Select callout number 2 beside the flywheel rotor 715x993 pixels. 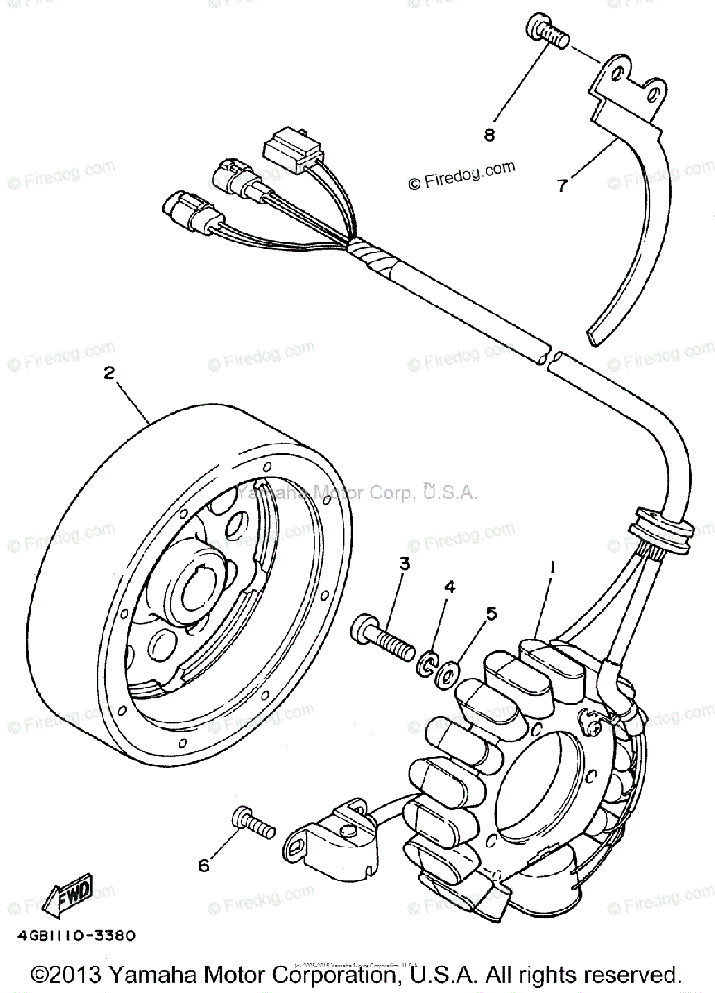108,372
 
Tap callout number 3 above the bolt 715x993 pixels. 405,564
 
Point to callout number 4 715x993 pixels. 450,587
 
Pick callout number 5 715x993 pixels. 491,613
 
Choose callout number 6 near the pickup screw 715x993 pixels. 204,866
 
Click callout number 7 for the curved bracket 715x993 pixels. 562,185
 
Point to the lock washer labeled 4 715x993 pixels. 429,663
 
